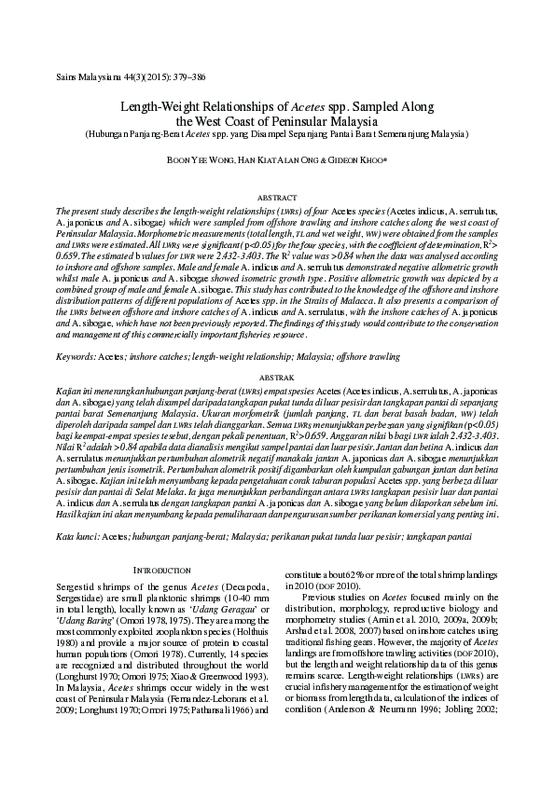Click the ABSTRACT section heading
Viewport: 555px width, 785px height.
click(276, 199)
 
